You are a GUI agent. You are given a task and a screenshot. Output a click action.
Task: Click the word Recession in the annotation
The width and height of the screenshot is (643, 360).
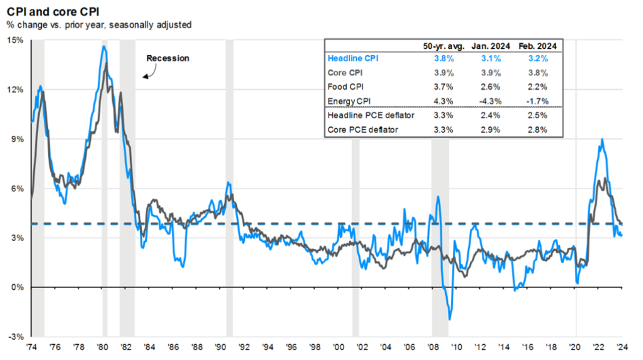(168, 58)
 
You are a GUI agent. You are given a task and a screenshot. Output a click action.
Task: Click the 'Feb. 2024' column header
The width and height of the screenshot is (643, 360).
(537, 46)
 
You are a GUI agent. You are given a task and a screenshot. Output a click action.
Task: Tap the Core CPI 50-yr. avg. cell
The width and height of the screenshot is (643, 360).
(443, 73)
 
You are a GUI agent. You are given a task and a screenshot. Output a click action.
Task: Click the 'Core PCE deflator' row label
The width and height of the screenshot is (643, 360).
(362, 130)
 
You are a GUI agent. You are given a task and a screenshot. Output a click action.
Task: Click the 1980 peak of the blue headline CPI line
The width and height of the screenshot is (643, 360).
(104, 46)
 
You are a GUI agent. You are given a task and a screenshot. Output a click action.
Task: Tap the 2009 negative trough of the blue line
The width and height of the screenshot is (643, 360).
(449, 319)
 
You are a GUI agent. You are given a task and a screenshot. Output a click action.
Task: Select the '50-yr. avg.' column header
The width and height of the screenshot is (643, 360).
(443, 46)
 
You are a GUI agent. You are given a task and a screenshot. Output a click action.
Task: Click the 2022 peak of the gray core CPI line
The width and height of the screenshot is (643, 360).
(605, 178)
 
